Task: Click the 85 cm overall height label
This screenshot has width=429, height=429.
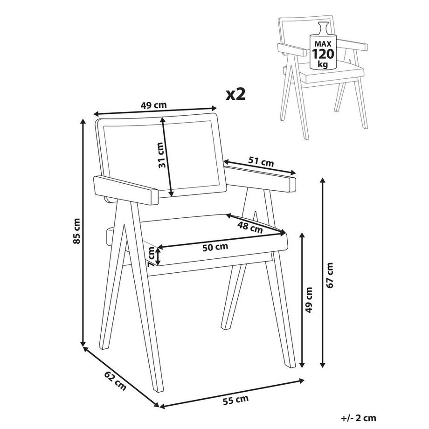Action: pyautogui.click(x=77, y=231)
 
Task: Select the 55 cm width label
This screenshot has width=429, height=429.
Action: pyautogui.click(x=235, y=400)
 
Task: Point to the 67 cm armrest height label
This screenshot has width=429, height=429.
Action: pyautogui.click(x=330, y=275)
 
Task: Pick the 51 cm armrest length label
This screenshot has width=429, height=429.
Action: pyautogui.click(x=261, y=161)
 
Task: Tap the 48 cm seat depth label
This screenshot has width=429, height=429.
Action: pyautogui.click(x=250, y=228)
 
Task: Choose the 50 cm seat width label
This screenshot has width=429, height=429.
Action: pyautogui.click(x=215, y=247)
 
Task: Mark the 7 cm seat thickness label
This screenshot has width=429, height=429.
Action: pyautogui.click(x=151, y=256)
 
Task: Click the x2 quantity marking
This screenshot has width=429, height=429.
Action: pyautogui.click(x=235, y=94)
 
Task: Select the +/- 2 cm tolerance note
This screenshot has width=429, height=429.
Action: pyautogui.click(x=359, y=418)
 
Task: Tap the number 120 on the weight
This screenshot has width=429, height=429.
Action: pyautogui.click(x=323, y=54)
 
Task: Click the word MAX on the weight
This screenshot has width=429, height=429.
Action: pyautogui.click(x=323, y=43)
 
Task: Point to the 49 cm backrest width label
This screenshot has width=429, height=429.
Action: pyautogui.click(x=153, y=105)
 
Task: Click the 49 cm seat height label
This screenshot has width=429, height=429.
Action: pyautogui.click(x=309, y=300)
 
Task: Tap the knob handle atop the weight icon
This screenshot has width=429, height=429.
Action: pyautogui.click(x=323, y=28)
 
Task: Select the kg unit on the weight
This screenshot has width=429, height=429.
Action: pyautogui.click(x=323, y=65)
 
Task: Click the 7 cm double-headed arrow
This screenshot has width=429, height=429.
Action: pyautogui.click(x=158, y=256)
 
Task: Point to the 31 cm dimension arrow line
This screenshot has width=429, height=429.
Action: pyautogui.click(x=166, y=157)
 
